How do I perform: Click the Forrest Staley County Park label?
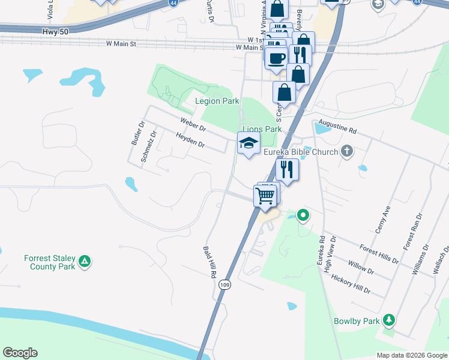point(50,262)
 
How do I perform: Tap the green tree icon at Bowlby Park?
point(390,320)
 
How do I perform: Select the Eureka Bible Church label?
point(301,152)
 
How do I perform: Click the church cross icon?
point(346,151)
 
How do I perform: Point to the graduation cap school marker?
point(249,143)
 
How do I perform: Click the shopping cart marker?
point(265,195)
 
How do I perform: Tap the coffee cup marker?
point(276,58)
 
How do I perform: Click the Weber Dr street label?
point(193,125)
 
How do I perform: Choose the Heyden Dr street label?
point(190,142)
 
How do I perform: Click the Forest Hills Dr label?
point(378,254)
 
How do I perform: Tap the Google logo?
point(20,353)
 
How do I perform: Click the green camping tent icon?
point(85,262)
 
